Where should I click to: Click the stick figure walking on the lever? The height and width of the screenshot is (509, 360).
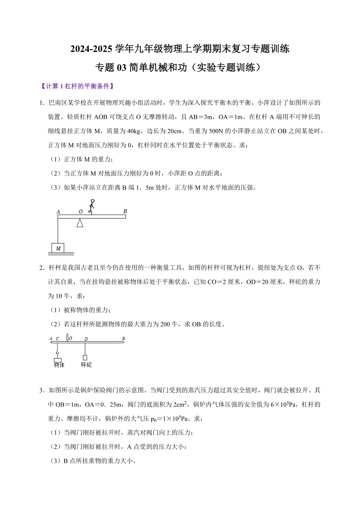[x=92, y=206]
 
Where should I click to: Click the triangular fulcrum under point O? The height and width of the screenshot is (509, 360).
[x=80, y=223]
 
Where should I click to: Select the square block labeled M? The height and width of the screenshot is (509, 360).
[x=58, y=248]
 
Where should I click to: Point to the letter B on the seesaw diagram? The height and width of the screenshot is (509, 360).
[x=125, y=211]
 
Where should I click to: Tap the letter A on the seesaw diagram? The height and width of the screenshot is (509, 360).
[x=58, y=211]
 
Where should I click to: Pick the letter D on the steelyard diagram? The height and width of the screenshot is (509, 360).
[x=86, y=339]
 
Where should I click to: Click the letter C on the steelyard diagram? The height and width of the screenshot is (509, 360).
[x=57, y=339]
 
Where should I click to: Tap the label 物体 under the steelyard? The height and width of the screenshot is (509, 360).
[x=59, y=365]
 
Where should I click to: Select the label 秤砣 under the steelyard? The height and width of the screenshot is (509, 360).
[x=86, y=365]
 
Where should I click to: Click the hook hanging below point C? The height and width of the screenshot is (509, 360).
[x=58, y=352]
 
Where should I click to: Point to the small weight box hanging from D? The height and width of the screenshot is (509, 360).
[x=85, y=357]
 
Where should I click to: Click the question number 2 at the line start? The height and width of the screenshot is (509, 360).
[x=41, y=268]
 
